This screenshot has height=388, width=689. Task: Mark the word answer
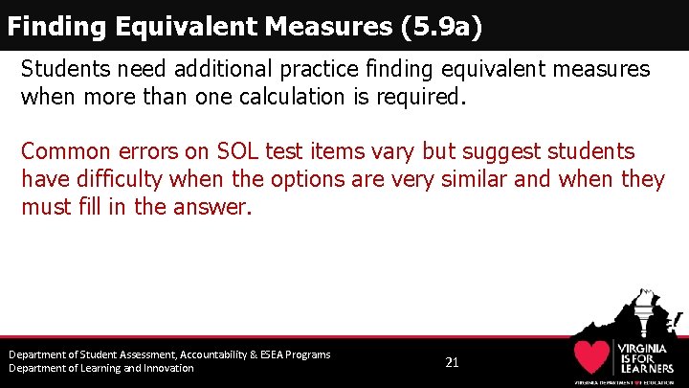[217, 207]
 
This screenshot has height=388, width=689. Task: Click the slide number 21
[453, 362]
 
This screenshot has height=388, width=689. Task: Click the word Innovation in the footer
[165, 368]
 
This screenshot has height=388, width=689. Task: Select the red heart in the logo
[593, 356]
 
